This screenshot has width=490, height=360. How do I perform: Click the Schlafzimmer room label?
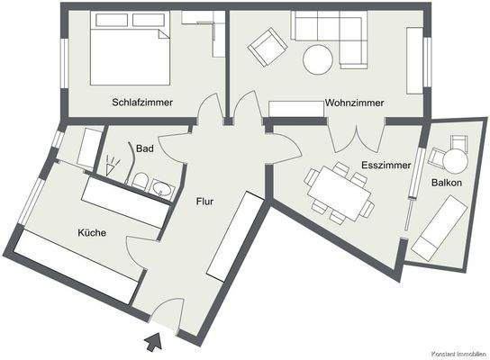[142, 103]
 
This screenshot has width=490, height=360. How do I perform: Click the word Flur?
[204, 202]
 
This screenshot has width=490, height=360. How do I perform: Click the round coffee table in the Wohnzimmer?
[318, 59]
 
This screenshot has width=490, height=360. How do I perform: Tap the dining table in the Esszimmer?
[337, 192]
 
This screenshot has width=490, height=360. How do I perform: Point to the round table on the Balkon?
[456, 160]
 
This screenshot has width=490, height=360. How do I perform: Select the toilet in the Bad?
[140, 184]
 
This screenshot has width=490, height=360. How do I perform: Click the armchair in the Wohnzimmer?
[265, 47]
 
